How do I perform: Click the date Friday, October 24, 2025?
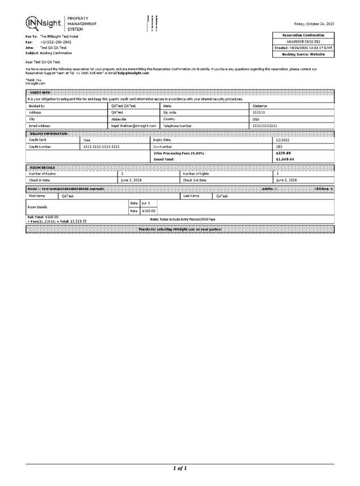(314, 24)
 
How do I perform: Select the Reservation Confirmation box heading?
(303, 35)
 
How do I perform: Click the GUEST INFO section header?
(39, 93)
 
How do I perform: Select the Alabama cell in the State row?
(260, 106)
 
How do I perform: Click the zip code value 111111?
(259, 112)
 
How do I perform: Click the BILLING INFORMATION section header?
(48, 133)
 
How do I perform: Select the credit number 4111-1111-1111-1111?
(101, 146)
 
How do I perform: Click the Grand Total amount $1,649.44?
(285, 159)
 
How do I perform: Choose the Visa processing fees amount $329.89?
(283, 153)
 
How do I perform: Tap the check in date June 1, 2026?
(132, 179)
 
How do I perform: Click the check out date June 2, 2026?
(286, 179)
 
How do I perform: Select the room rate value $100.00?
(149, 211)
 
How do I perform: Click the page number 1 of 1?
(180, 468)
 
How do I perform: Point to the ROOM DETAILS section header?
(42, 167)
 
